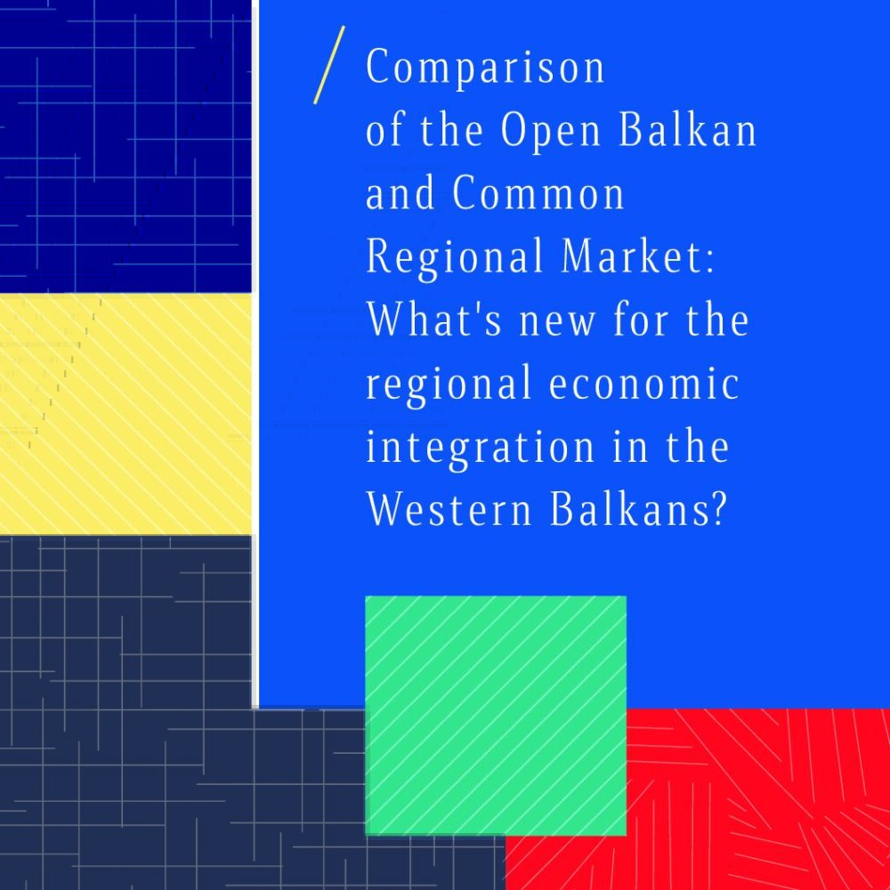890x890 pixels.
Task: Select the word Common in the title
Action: [x=538, y=193]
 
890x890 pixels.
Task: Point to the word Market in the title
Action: [x=632, y=256]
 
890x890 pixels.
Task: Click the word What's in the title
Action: [x=434, y=319]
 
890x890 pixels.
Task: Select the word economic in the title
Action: [x=643, y=383]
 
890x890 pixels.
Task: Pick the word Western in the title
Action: [x=449, y=508]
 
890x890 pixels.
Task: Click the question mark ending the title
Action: [x=718, y=508]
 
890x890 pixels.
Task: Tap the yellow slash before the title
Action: [x=329, y=65]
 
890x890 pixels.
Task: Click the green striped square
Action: [x=496, y=716]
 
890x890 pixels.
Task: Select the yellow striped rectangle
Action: [x=125, y=414]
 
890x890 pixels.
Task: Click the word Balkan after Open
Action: [x=687, y=129]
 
